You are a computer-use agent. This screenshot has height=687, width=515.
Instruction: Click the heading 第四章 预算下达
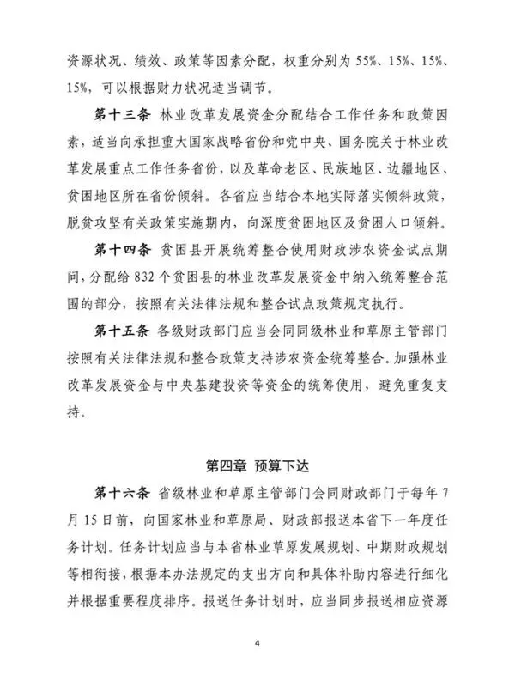pyautogui.click(x=257, y=466)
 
